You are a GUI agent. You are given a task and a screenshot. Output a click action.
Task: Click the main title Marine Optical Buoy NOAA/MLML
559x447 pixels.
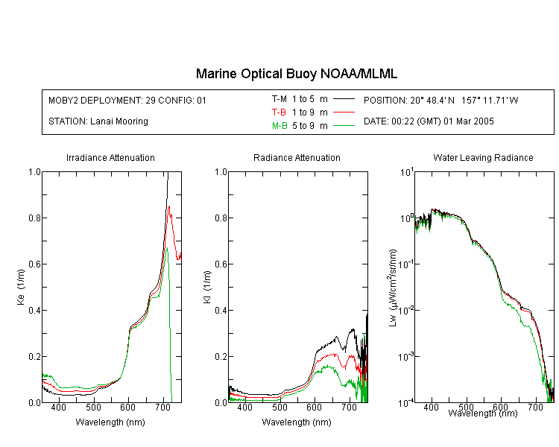(x=296, y=74)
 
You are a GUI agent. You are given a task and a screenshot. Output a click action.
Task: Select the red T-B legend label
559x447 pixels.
(x=279, y=112)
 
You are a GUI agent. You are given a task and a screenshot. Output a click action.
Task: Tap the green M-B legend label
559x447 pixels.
(x=279, y=126)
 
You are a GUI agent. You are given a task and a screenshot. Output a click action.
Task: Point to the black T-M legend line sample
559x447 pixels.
(x=344, y=99)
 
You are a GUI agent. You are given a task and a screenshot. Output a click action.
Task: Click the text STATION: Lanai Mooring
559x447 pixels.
(x=98, y=121)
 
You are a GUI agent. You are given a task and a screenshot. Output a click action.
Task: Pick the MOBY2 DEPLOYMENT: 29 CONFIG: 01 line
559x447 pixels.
(x=127, y=100)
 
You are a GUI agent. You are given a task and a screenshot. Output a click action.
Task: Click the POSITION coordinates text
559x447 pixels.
(x=441, y=100)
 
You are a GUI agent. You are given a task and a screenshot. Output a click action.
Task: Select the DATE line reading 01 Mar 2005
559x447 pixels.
(x=429, y=121)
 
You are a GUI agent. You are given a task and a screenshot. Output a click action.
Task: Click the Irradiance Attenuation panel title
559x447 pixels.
(x=110, y=157)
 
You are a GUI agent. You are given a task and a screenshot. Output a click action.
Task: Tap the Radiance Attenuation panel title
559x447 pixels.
(x=297, y=157)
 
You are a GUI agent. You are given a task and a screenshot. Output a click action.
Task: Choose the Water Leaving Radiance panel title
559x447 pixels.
(x=483, y=157)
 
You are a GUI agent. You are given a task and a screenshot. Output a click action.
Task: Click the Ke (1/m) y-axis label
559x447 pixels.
(x=21, y=287)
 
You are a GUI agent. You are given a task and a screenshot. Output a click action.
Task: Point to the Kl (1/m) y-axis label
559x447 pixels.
(x=207, y=287)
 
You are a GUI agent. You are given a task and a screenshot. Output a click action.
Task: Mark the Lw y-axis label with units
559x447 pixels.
(x=392, y=288)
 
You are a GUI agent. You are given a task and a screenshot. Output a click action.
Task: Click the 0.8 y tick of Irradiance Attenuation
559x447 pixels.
(x=35, y=218)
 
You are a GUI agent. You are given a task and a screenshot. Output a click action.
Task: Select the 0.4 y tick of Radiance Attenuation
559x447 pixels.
(x=221, y=311)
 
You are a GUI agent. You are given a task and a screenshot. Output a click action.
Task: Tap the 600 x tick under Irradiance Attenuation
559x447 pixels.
(x=128, y=407)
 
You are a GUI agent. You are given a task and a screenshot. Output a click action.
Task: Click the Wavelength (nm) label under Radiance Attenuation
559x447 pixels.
(x=297, y=422)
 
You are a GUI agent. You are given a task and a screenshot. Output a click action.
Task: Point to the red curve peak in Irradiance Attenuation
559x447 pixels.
(x=169, y=206)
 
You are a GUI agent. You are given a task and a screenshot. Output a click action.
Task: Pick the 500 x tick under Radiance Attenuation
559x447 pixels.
(x=279, y=407)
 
